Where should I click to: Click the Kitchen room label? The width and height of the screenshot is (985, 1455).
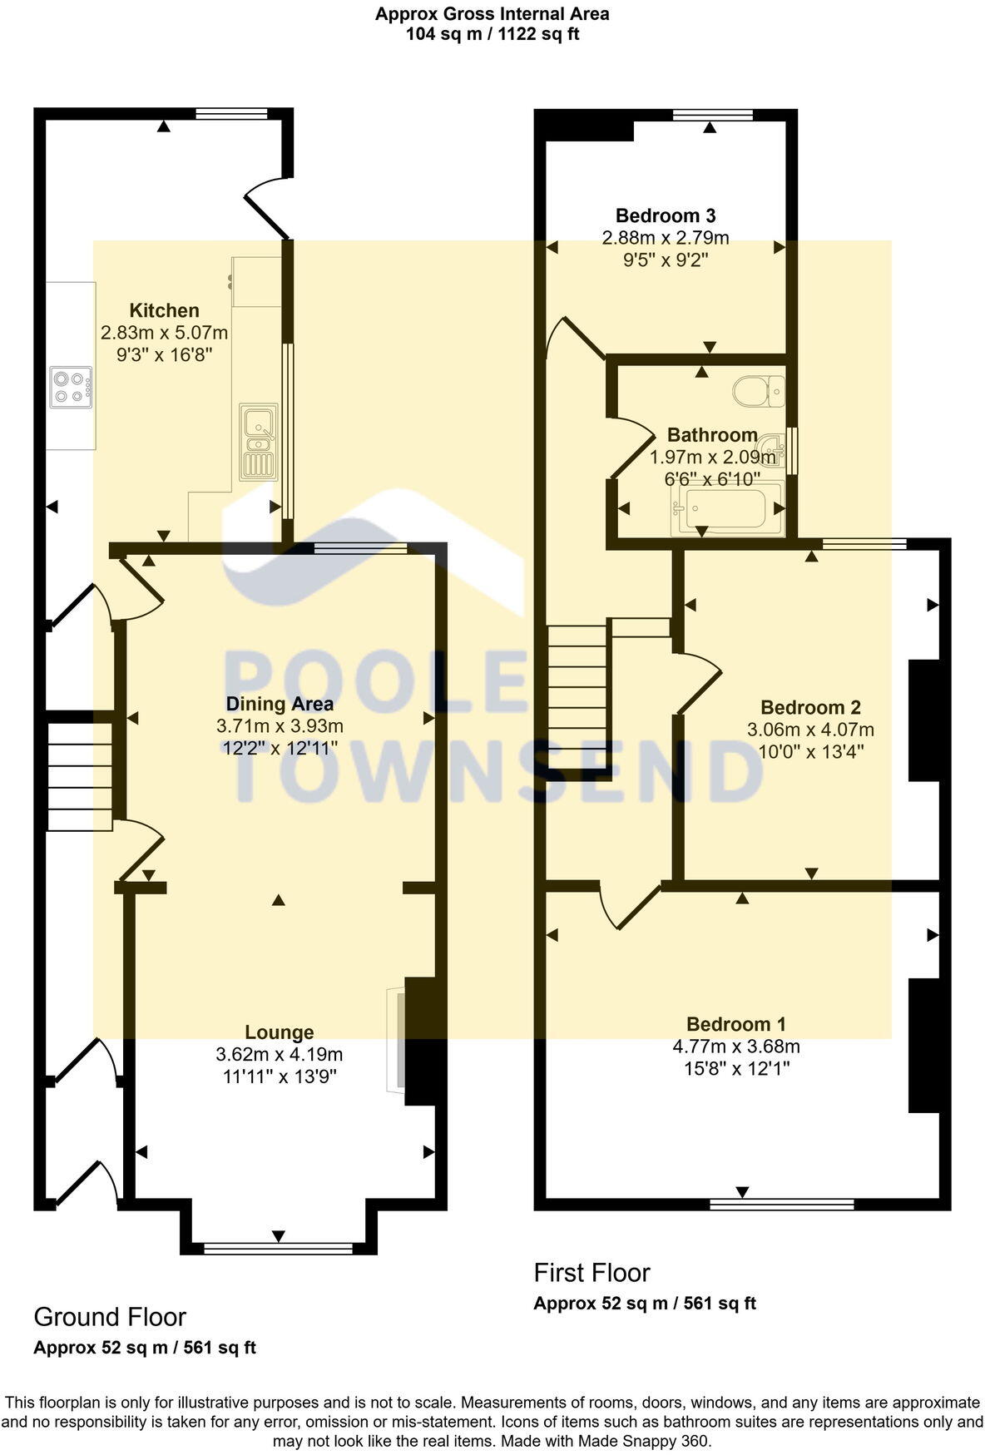164,310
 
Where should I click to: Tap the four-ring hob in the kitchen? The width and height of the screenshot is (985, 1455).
71,387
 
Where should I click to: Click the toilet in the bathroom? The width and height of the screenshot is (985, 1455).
760,390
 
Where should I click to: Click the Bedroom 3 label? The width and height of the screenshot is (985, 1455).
666,215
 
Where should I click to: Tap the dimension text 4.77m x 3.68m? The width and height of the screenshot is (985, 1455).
736,1047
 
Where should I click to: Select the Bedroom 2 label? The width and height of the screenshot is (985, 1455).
810,708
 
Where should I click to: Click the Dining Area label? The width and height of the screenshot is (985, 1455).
280,704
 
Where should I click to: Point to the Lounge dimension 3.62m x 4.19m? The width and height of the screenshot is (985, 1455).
280,1055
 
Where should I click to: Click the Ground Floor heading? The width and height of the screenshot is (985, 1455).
110,1317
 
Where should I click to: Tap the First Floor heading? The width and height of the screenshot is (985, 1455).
591,1273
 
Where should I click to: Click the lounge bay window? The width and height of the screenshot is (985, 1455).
278,1248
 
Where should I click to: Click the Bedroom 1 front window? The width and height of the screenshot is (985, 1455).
781,1203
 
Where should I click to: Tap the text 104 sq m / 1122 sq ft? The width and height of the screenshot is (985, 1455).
492,34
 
